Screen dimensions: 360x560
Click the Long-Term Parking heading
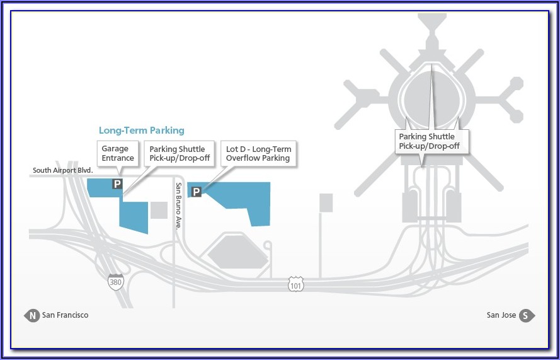pos(141,131)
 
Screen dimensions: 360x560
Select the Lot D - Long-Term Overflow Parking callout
pos(258,154)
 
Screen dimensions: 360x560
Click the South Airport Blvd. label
pos(63,170)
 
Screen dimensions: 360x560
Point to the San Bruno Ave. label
pos(179,205)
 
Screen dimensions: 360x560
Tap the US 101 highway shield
pos(295,284)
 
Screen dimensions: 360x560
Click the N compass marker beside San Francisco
pos(31,315)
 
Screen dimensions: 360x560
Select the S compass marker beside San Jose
pos(527,315)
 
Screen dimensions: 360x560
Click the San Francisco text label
pos(65,315)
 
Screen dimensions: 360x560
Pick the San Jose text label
pos(501,315)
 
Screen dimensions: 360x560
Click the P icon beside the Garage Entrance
pos(117,183)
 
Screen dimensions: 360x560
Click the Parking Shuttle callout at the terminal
pos(426,141)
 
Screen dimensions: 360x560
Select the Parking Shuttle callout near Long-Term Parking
pos(177,154)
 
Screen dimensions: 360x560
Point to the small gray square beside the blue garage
pos(159,210)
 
